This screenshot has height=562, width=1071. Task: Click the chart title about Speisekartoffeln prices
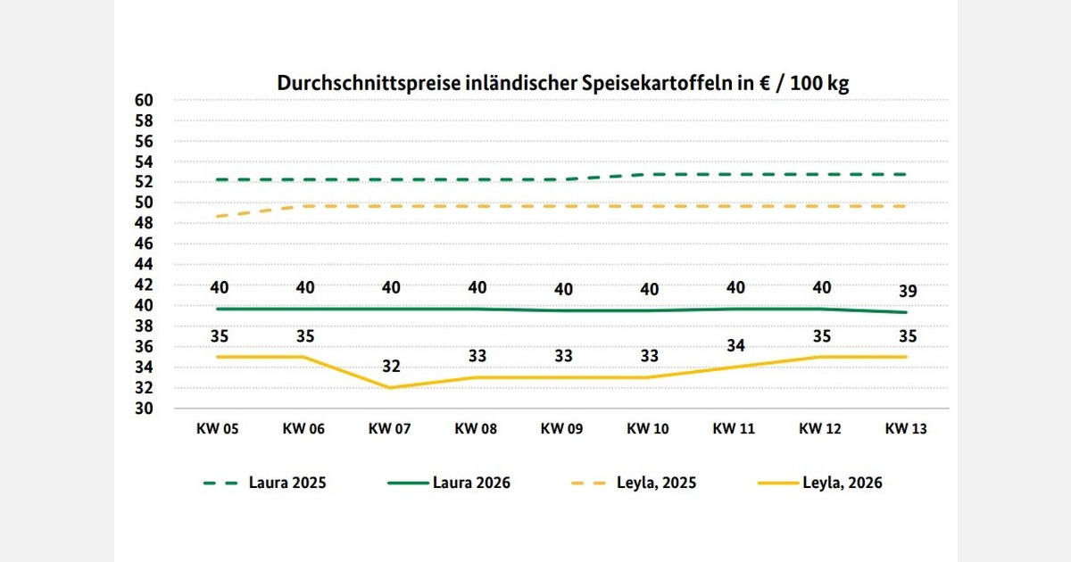click(x=562, y=83)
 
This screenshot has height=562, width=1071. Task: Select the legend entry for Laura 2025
click(x=265, y=483)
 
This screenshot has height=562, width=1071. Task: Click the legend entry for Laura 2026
click(x=449, y=483)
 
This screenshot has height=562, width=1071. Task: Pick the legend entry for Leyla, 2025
click(x=633, y=483)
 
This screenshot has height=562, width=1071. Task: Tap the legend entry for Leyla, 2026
click(x=819, y=483)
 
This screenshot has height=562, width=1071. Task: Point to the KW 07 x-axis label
click(x=390, y=428)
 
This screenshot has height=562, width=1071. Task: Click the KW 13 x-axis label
click(x=906, y=428)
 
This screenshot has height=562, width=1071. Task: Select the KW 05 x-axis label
click(x=218, y=428)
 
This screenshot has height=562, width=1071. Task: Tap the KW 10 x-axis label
click(x=648, y=428)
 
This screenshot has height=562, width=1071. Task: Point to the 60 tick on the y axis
click(x=144, y=100)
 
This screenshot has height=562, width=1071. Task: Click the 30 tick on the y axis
click(x=144, y=409)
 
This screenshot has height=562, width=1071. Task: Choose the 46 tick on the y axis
click(x=144, y=244)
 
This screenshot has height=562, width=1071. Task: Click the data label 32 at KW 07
click(x=390, y=367)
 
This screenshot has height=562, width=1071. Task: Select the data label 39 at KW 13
click(x=906, y=291)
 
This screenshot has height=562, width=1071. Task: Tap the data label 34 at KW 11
click(x=735, y=345)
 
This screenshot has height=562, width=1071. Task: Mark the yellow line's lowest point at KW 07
click(x=390, y=387)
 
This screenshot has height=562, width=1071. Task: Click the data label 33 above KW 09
click(x=562, y=356)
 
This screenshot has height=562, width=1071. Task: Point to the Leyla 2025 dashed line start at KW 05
click(x=218, y=216)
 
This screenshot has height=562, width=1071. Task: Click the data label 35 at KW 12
click(x=820, y=336)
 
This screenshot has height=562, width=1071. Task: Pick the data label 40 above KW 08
click(x=477, y=287)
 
